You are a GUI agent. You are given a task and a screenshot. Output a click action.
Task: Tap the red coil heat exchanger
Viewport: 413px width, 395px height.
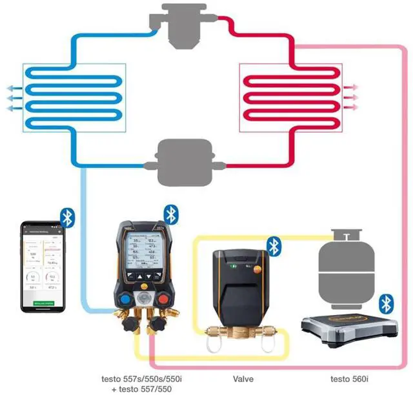(x=289, y=97)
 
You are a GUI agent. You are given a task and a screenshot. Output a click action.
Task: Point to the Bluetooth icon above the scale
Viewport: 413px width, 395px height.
(x=386, y=303)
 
